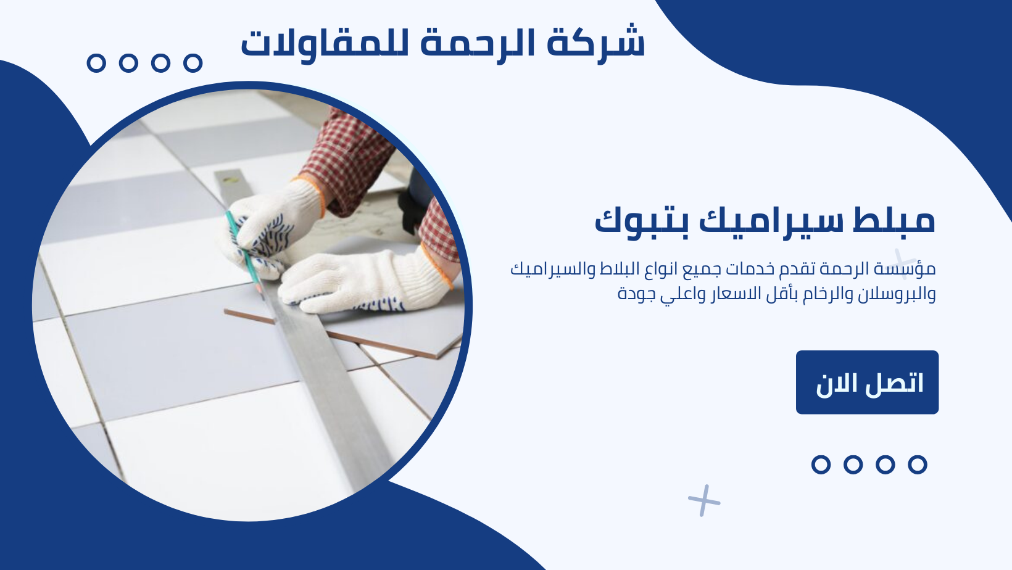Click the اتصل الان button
point(867,382)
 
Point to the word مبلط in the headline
point(893,220)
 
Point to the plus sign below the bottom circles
point(704,500)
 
